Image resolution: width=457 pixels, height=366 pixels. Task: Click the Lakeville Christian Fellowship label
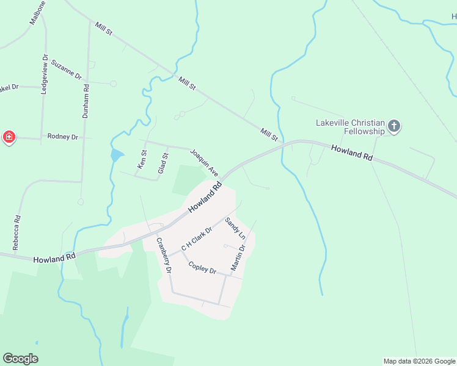[350, 127]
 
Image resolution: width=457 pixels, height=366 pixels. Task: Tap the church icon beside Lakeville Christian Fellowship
[394, 127]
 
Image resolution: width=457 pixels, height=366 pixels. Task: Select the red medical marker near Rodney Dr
[9, 137]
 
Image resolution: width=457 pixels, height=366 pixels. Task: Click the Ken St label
[142, 159]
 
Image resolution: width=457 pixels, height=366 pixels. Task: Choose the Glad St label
[163, 164]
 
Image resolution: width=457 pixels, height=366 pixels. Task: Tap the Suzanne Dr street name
[67, 70]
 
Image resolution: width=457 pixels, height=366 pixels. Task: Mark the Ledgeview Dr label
[44, 74]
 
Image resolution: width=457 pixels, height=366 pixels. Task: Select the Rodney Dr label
[63, 137]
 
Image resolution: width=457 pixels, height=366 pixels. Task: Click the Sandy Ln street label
[235, 228]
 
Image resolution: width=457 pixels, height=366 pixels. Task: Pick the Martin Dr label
[238, 257]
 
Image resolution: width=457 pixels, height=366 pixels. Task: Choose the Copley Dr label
[202, 268]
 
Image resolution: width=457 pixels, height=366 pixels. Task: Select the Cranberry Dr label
[163, 254]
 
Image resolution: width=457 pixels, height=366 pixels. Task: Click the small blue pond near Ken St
[116, 156]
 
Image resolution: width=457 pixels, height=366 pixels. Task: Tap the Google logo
[20, 359]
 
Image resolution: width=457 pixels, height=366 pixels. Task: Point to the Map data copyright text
[419, 361]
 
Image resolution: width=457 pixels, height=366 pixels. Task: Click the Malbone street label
[38, 12]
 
